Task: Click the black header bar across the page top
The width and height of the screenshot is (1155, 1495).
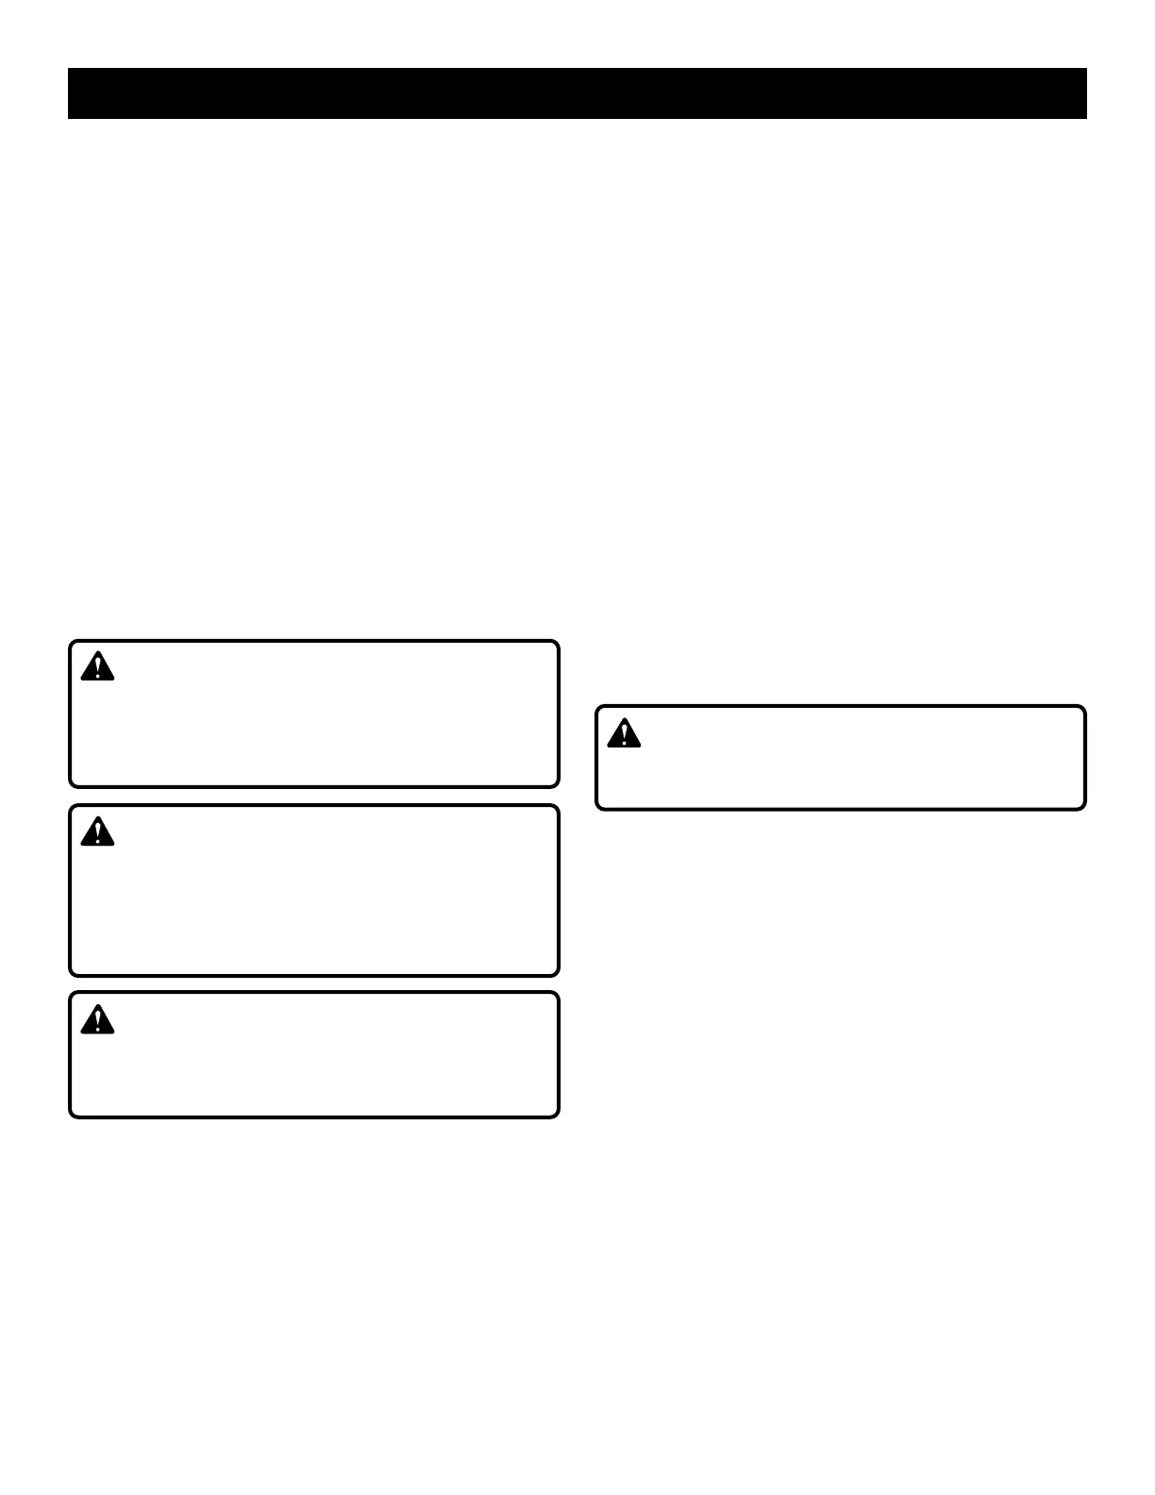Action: click(x=577, y=93)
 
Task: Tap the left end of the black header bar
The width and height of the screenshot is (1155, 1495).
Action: click(x=72, y=93)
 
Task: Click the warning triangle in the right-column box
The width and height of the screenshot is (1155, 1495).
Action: click(x=624, y=734)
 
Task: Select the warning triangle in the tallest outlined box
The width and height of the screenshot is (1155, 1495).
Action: click(x=97, y=832)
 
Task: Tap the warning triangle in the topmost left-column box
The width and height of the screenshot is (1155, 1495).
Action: click(x=97, y=667)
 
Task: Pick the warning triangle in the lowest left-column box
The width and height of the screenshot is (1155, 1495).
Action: click(x=97, y=1020)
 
